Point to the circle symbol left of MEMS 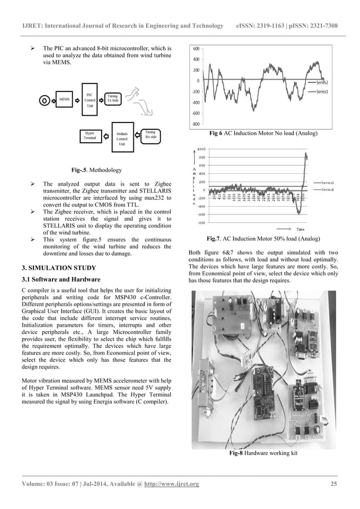43,101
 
